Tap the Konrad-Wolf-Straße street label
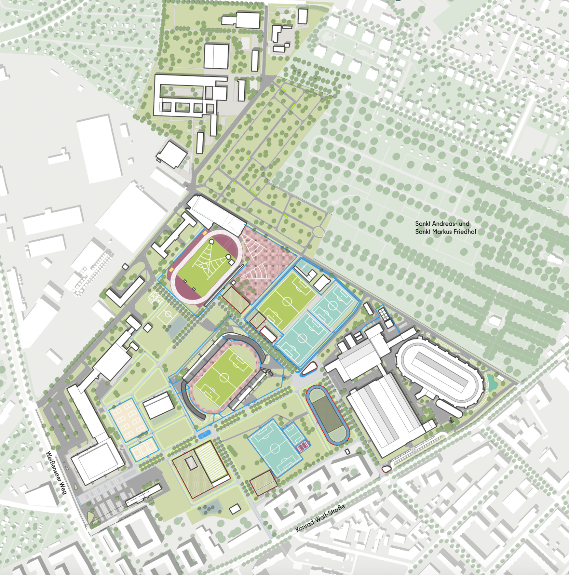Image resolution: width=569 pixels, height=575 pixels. pos(320,518)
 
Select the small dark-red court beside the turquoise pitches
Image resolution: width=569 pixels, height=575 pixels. pos(303,447)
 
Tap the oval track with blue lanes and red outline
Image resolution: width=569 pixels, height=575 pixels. pos(327,415)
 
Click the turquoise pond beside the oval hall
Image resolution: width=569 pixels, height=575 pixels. pos(492,381)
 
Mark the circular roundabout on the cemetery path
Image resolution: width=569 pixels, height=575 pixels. pos(318,232)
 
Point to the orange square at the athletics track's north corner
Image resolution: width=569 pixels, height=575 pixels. pos(205,233)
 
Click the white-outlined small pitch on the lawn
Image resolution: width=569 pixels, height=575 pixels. pos(168,315)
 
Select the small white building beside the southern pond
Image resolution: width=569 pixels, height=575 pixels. pos(235,509)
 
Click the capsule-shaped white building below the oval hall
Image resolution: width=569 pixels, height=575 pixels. pos(448,408)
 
